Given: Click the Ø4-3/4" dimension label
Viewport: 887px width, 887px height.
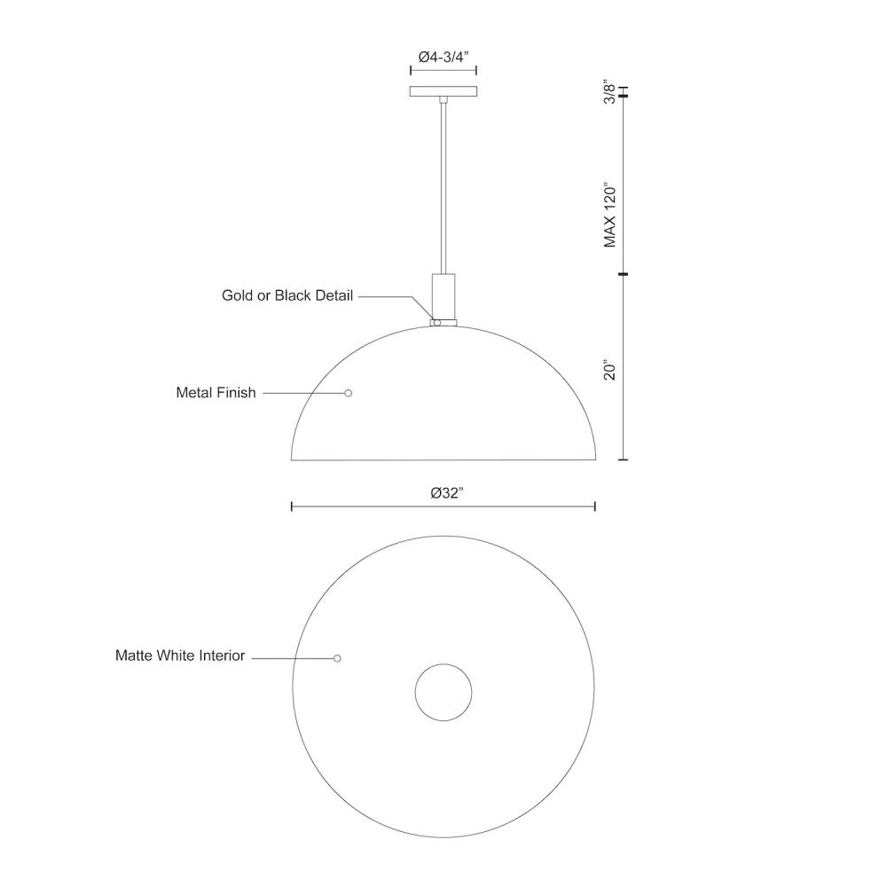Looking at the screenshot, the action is coord(443,57).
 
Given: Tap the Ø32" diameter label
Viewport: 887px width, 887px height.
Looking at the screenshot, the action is coord(447,493).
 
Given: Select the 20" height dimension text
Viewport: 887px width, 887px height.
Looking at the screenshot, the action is coord(609,369).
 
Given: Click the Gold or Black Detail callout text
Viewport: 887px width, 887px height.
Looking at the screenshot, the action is coord(287,295).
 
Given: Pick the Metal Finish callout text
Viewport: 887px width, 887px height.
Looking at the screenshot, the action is coord(216,393).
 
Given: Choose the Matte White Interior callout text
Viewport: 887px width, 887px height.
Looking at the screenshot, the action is coord(180,655).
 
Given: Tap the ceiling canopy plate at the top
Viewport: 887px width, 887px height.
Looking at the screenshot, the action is coord(443,91).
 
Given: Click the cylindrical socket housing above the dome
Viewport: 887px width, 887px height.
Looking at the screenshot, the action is coord(443,296).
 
